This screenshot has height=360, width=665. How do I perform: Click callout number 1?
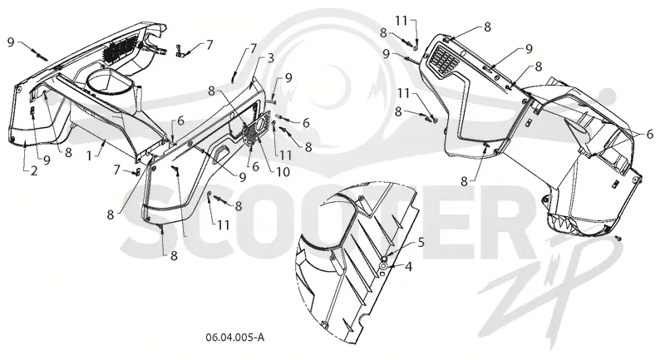89,156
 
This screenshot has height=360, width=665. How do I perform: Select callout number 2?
33,170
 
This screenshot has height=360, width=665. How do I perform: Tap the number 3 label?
271,58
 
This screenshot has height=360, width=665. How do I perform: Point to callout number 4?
408,267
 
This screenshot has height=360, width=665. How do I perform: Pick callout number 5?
421,243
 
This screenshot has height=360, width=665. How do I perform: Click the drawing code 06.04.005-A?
235,338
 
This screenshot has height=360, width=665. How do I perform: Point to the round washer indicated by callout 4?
383,266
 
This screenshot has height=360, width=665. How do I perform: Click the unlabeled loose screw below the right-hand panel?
618,239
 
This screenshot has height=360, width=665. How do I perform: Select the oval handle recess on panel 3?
220,153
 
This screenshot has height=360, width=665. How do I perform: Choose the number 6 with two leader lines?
650,135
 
